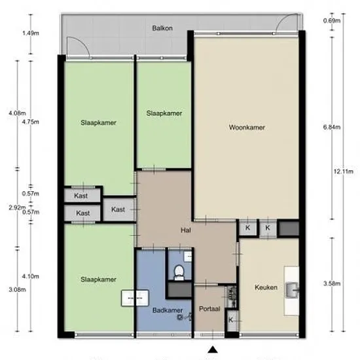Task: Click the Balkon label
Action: click(162, 28)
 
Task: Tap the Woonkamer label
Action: click(247, 127)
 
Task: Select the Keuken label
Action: click(266, 287)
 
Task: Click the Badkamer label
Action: click(168, 310)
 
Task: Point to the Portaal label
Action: click(209, 309)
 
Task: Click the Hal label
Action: click(186, 230)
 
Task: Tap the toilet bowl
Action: click(179, 272)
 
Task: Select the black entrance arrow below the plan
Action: click(213, 350)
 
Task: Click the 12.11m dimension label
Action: click(344, 171)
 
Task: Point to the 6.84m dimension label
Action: click(332, 127)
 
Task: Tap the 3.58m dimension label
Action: click(332, 283)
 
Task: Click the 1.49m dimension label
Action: click(31, 33)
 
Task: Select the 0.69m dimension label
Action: click(332, 21)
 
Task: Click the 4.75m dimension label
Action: click(31, 122)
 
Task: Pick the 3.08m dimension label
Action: click(17, 290)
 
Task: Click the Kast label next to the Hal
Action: click(118, 209)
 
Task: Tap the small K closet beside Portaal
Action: click(231, 320)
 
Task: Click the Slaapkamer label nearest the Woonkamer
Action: click(164, 113)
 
